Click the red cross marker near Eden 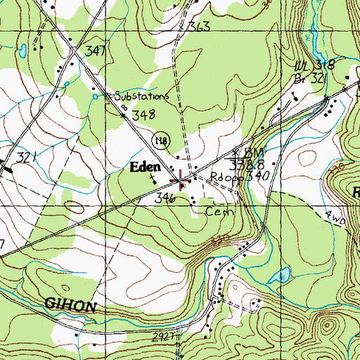pos(181,181)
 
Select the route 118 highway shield pos(160,140)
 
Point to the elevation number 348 pos(143,114)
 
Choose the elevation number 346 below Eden pos(165,199)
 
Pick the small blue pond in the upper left pos(23,50)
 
